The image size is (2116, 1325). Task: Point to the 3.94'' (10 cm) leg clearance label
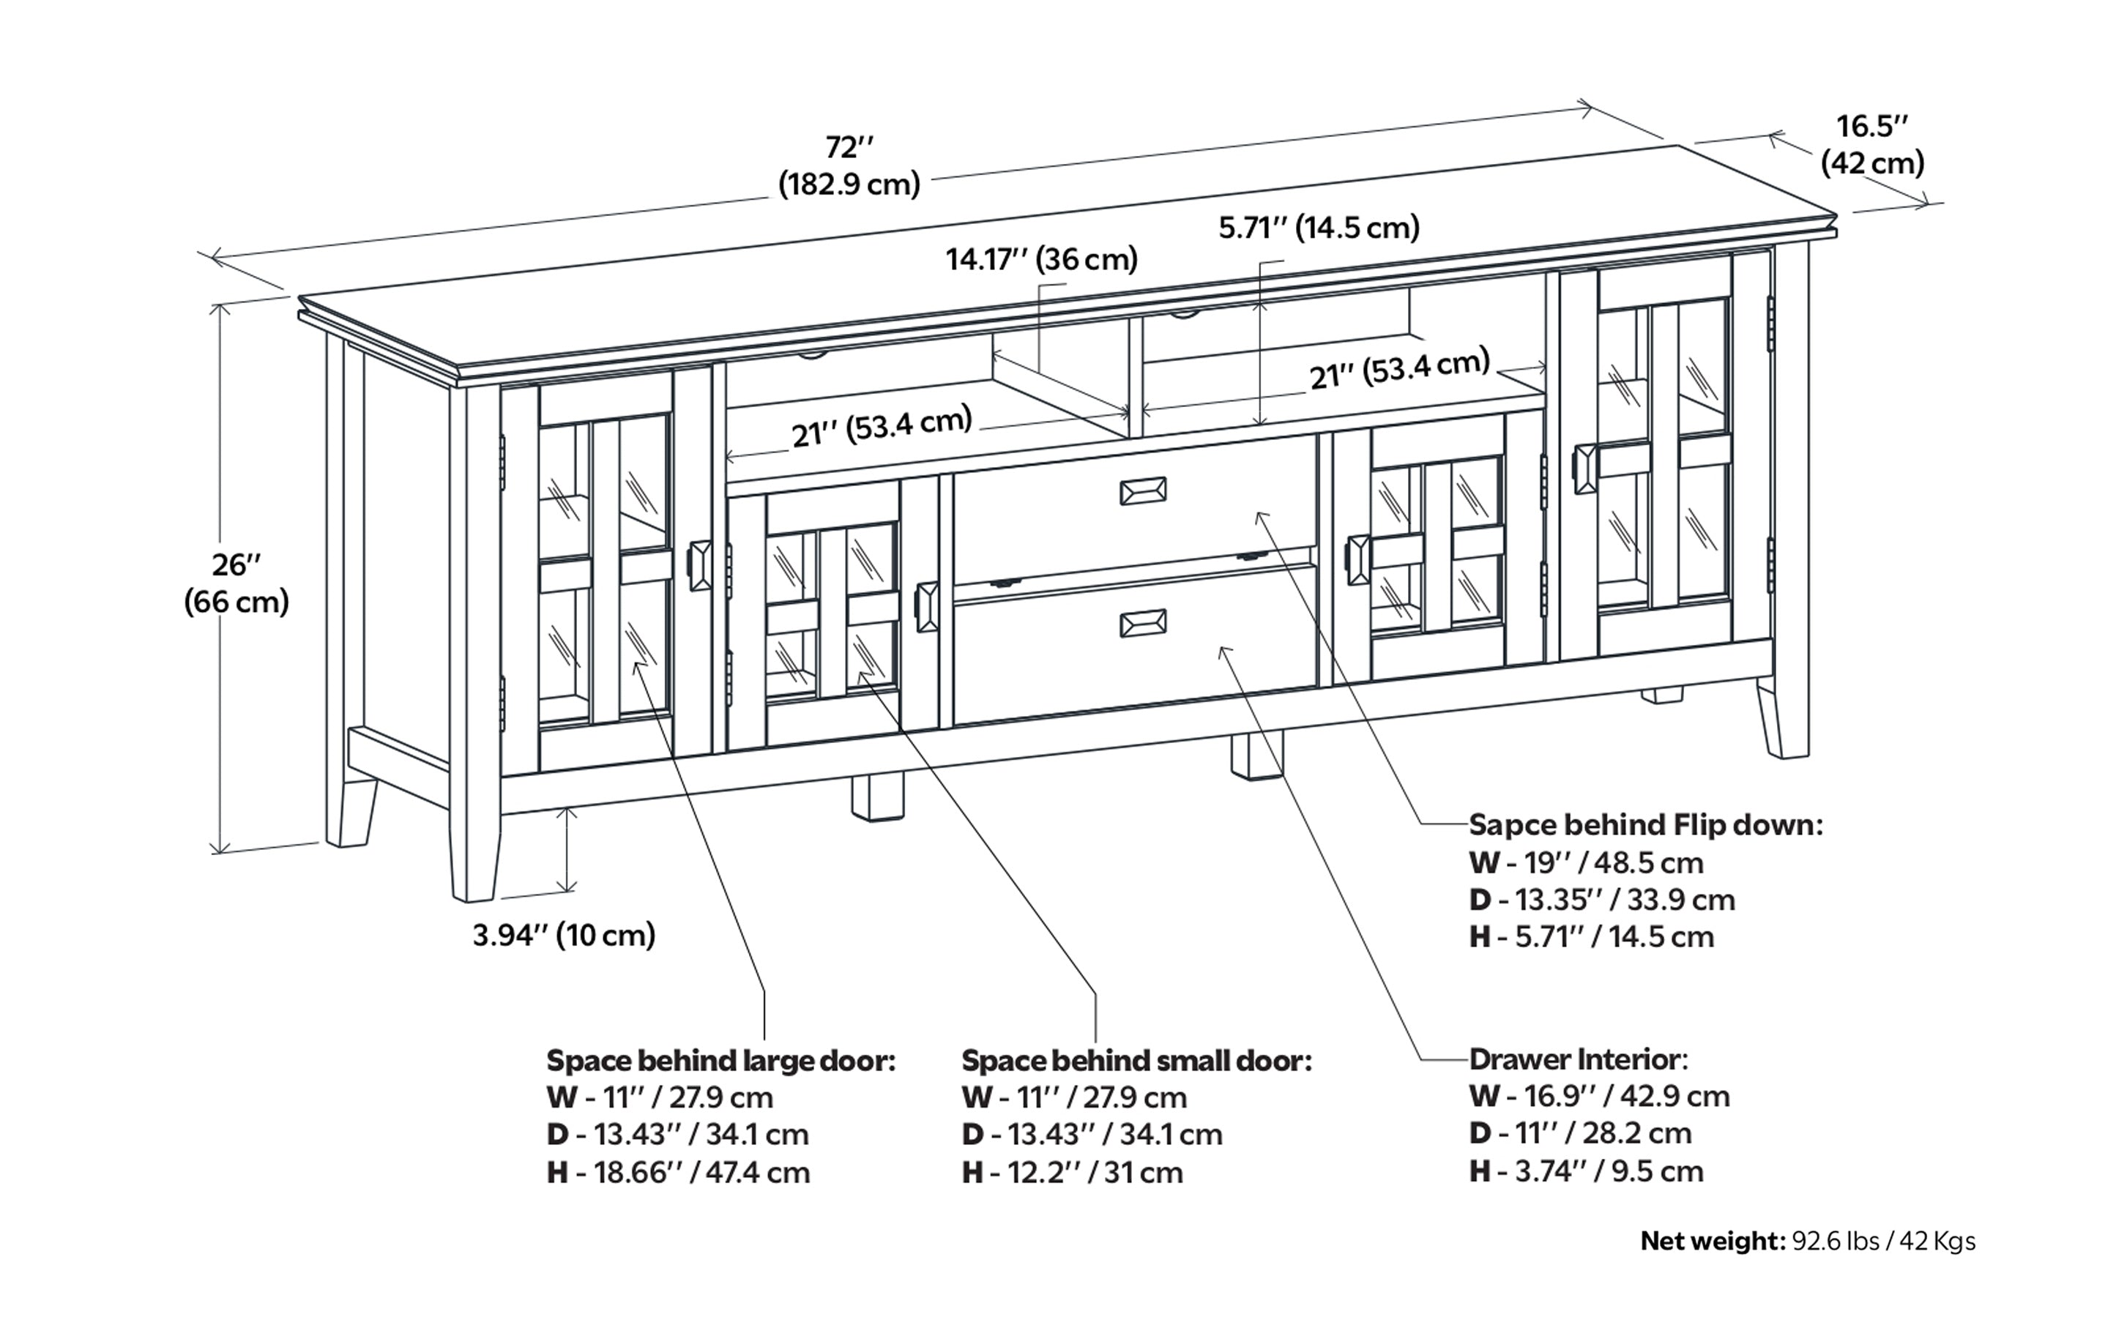[x=564, y=935]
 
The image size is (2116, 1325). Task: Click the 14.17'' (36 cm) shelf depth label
[x=1041, y=259]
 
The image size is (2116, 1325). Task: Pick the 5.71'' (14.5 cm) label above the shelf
[x=1319, y=228]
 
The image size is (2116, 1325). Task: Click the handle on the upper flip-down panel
[x=1143, y=492]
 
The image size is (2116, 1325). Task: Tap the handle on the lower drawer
[x=1143, y=623]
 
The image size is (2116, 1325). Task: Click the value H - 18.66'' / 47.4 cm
[x=679, y=1173]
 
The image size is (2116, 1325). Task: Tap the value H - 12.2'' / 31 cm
[x=1072, y=1173]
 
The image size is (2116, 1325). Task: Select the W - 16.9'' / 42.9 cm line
[x=1599, y=1097]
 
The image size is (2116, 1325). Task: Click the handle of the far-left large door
[x=699, y=566]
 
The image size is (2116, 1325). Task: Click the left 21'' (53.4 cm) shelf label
[x=882, y=427]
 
